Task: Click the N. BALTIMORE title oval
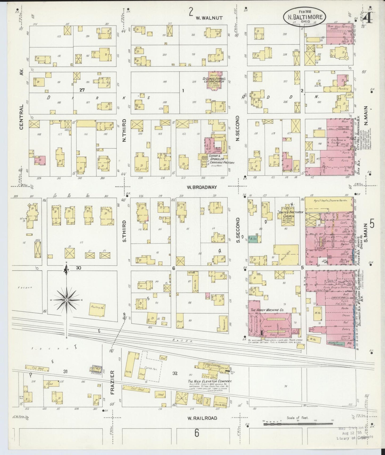coord(305,17)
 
